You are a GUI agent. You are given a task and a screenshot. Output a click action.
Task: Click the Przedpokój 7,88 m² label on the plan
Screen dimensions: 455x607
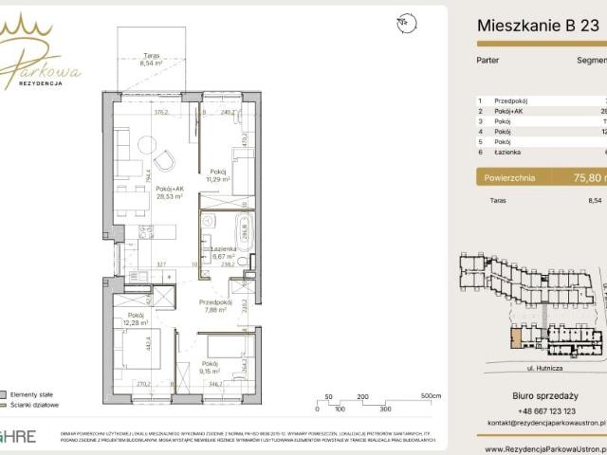click(216, 308)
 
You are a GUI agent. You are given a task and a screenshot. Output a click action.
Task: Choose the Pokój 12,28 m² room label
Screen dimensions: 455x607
click(137, 320)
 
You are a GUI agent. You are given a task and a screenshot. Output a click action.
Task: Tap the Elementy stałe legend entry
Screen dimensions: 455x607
click(32, 393)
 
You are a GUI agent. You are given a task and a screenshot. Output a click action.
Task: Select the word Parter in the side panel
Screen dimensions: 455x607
click(487, 60)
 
